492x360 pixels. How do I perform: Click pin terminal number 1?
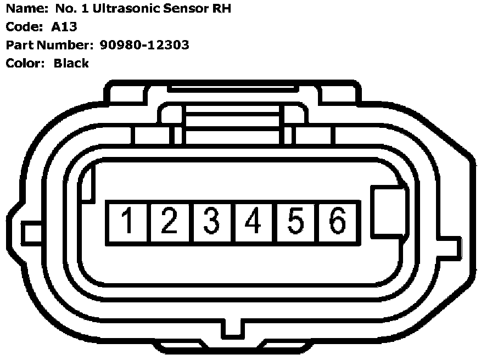tap(128, 221)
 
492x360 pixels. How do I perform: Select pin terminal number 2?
tap(170, 221)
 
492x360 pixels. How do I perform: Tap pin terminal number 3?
tap(212, 221)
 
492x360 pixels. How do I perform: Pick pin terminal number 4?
tap(254, 221)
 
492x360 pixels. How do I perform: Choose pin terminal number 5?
tap(295, 221)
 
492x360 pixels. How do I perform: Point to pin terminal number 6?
tap(337, 221)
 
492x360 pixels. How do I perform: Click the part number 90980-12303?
tap(144, 45)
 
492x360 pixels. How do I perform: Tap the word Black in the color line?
tap(71, 63)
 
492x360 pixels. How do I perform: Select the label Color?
tap(25, 63)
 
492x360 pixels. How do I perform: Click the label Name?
tap(25, 9)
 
